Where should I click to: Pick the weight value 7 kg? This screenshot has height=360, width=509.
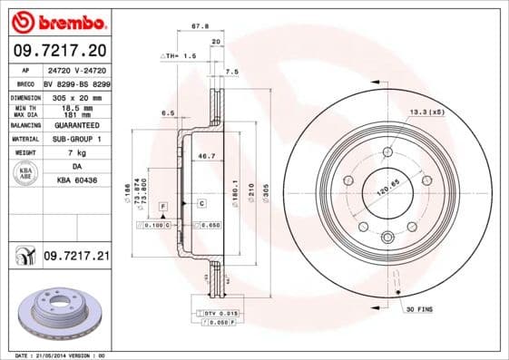(75, 153)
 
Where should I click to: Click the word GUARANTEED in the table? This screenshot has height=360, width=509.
(75, 124)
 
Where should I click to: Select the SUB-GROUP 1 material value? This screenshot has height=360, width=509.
(75, 139)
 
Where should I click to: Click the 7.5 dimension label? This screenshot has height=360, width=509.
(231, 71)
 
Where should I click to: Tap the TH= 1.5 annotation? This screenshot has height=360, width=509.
(181, 56)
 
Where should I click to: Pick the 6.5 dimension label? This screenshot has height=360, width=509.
(167, 112)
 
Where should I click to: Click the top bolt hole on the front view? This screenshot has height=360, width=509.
(387, 151)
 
